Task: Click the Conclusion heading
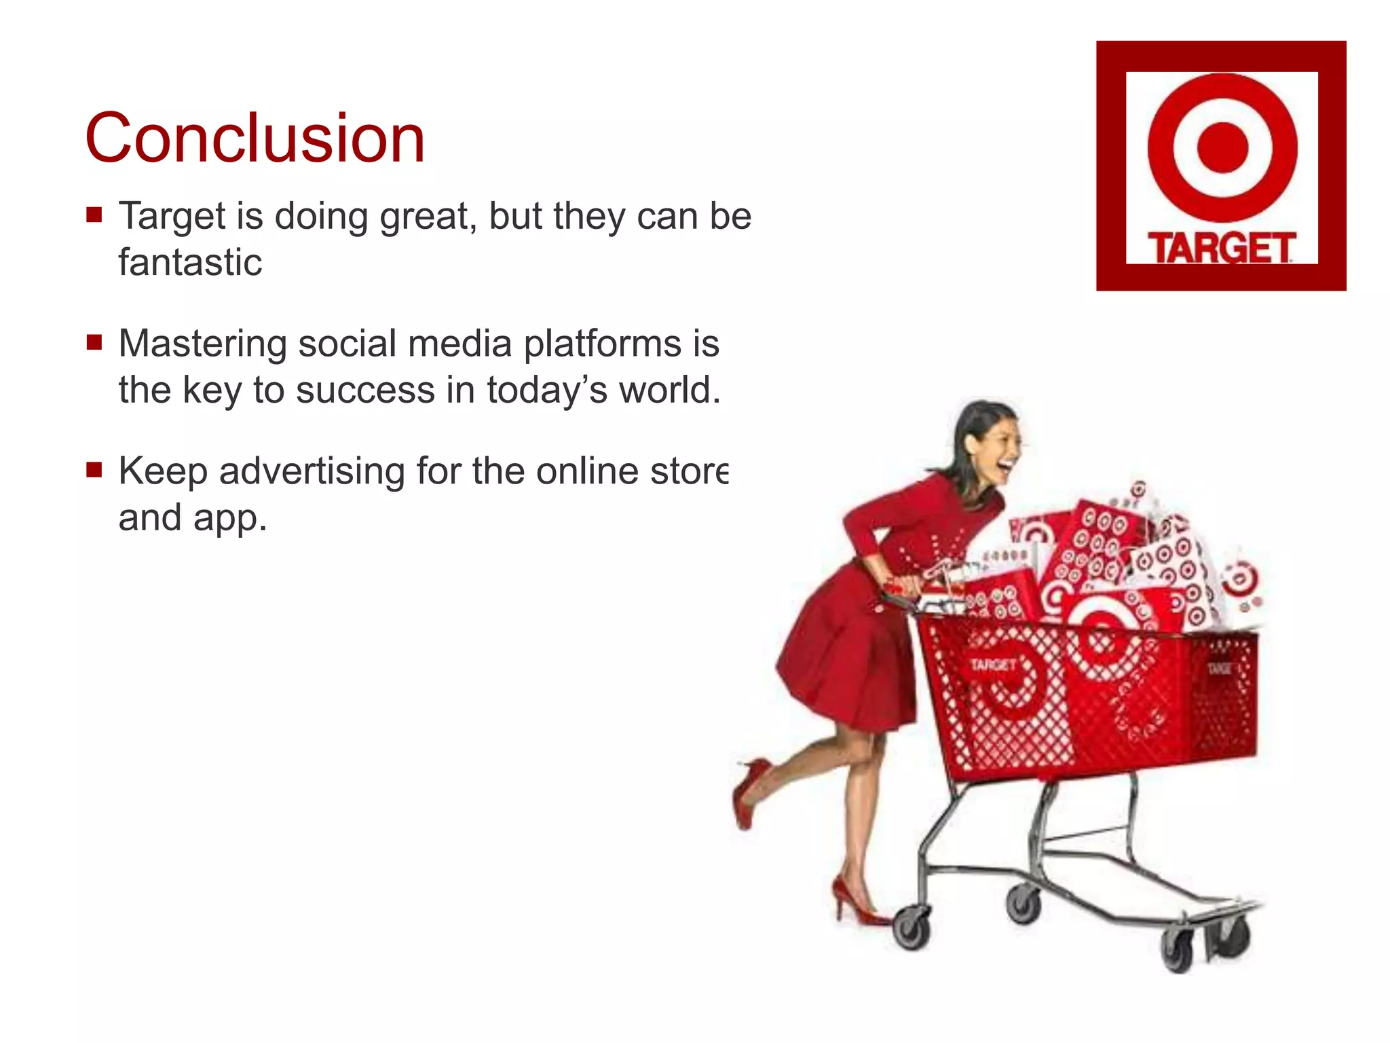click(x=255, y=139)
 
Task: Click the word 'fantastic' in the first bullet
click(x=190, y=262)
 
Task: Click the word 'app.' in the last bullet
click(x=230, y=518)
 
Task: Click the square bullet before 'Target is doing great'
click(x=94, y=215)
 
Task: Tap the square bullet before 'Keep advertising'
click(x=94, y=470)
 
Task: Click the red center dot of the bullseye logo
click(x=1222, y=147)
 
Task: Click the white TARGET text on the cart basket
click(x=992, y=664)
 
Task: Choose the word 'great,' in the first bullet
click(x=424, y=217)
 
